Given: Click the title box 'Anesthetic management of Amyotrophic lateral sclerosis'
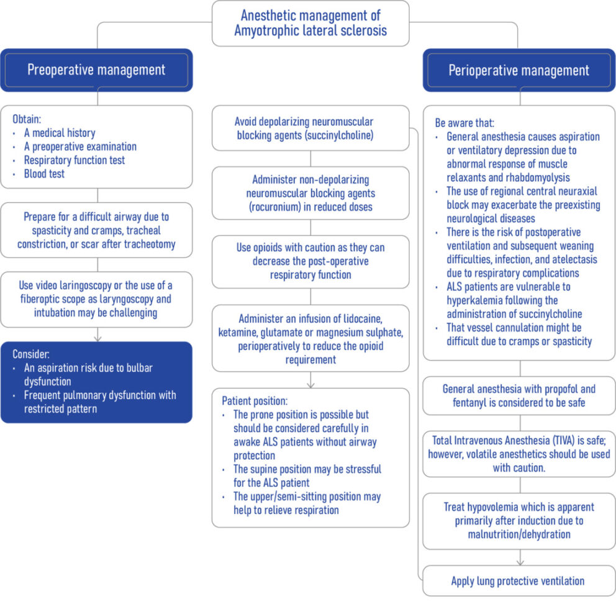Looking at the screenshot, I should click(310, 24).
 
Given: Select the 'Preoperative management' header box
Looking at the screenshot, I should click(96, 70).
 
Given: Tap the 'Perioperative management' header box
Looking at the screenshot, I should click(519, 70).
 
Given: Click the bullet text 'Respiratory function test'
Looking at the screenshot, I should click(74, 160).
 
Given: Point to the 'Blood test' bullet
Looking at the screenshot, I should click(44, 174).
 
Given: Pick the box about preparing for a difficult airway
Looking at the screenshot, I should click(96, 230).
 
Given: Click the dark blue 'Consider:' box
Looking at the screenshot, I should click(96, 382).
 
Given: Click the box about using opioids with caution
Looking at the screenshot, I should click(310, 261).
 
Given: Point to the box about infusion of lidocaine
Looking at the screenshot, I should click(310, 338).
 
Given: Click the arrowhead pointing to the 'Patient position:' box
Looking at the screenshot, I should click(310, 385).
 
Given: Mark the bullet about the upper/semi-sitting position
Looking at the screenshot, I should click(307, 503).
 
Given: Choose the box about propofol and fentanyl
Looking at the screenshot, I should click(519, 396).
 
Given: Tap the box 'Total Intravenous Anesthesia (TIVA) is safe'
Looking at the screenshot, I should click(519, 454).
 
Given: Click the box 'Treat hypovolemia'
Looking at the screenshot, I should click(519, 521).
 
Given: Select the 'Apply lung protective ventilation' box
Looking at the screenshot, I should click(519, 582).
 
